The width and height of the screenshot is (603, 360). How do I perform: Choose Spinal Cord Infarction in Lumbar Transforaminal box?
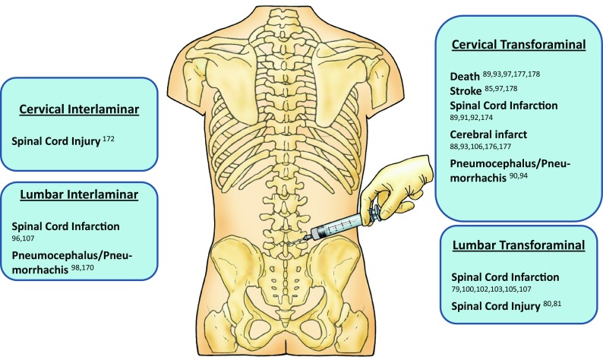[506, 276]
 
